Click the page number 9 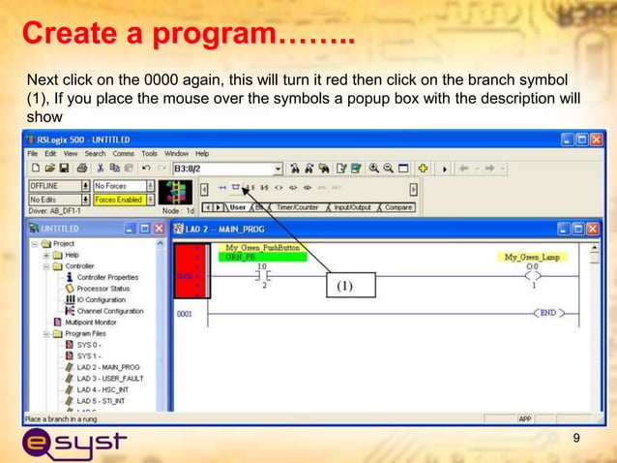(x=577, y=442)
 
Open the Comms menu (x=123, y=153)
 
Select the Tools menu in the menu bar (x=149, y=153)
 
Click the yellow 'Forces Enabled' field (x=117, y=200)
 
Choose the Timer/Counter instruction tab (x=298, y=206)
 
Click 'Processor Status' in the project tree (x=103, y=289)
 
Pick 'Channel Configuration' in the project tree (x=110, y=311)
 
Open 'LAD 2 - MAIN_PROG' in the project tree (x=107, y=367)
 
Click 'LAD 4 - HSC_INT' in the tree (x=103, y=389)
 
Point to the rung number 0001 (x=185, y=314)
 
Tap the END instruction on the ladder (x=549, y=313)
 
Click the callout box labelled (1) (x=346, y=288)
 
